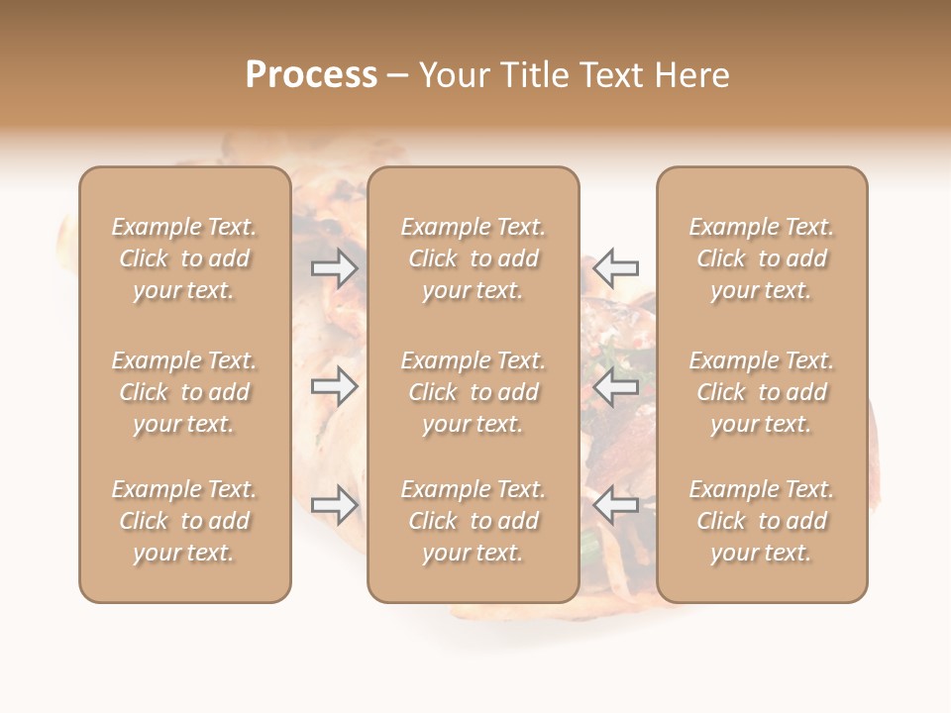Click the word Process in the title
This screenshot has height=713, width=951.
(311, 75)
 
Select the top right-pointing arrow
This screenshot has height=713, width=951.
(335, 267)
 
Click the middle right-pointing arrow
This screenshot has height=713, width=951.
(335, 386)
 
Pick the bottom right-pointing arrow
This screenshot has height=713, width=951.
(335, 505)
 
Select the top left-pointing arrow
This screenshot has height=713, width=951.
(615, 267)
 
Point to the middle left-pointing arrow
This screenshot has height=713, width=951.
(615, 386)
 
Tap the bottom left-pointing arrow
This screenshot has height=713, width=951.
(615, 505)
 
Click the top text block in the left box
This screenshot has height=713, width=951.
(184, 258)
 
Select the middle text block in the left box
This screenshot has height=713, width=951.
(184, 392)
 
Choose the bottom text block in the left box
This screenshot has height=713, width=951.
(184, 521)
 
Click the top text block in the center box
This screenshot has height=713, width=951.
(474, 258)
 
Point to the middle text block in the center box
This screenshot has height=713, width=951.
(474, 392)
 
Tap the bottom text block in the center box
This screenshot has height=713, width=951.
(474, 521)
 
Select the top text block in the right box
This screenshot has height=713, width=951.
(762, 258)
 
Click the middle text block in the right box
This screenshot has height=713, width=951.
(762, 392)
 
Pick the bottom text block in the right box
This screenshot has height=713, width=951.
(762, 521)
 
